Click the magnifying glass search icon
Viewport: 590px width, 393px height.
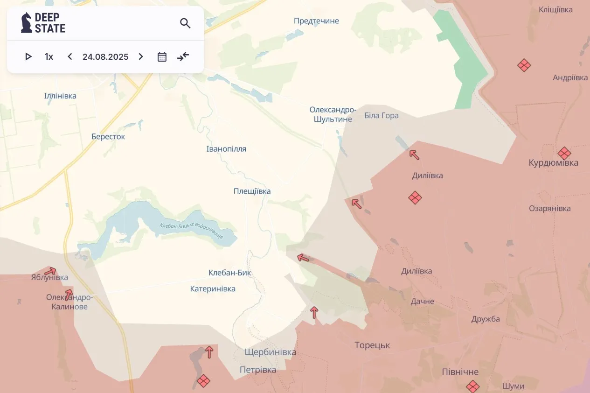coord(185,23)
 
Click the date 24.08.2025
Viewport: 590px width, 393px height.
coord(105,57)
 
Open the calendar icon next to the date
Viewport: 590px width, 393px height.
coord(162,57)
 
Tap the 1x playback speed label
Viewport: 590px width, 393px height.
coord(49,57)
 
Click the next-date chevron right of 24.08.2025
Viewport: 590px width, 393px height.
coord(141,57)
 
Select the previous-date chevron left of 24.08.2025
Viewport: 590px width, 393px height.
coord(70,57)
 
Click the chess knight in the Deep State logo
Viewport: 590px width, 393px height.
coord(27,23)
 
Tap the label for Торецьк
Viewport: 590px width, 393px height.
coord(372,345)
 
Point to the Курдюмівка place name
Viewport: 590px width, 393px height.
coord(553,163)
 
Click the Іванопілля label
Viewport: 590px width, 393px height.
coord(226,149)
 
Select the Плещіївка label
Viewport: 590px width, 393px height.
coord(252,191)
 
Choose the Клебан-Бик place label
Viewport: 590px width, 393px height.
coord(230,273)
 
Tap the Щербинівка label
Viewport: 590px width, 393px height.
coord(270,352)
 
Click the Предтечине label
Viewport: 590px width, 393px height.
coord(316,21)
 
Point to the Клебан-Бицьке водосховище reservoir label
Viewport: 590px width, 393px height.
coord(191,231)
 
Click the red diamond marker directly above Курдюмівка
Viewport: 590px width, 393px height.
coord(564,153)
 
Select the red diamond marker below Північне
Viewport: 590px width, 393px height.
coord(473,386)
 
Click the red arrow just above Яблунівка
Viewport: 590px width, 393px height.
coord(50,271)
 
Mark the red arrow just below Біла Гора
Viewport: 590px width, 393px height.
coord(414,154)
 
